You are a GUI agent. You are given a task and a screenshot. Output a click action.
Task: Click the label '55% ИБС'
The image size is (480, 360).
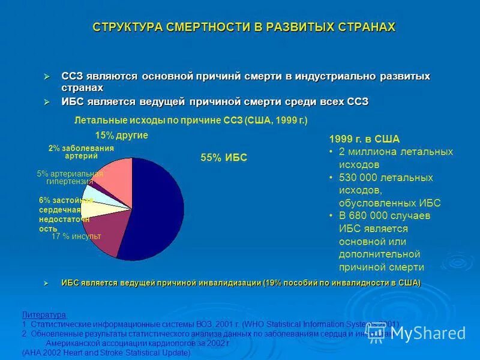pos(224,158)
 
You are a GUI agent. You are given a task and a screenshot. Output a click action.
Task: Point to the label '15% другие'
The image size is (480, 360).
pos(121,136)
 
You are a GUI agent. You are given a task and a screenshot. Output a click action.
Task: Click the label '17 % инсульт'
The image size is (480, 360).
pos(76,236)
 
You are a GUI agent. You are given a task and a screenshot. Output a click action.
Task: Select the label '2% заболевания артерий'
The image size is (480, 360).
pos(81,152)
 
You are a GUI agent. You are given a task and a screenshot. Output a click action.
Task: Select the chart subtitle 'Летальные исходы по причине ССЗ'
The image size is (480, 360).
pos(158,121)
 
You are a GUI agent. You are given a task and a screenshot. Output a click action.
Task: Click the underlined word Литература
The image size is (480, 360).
pos(44,314)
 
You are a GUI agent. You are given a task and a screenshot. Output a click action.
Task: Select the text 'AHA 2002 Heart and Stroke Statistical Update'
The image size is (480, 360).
pos(107,353)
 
